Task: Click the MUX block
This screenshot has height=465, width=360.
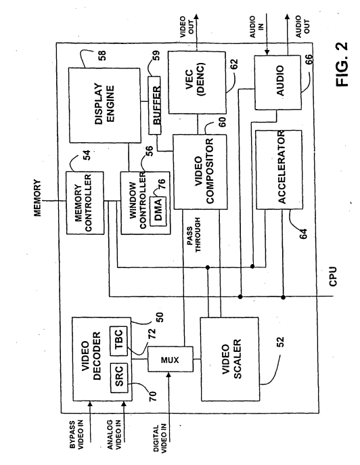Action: click(171, 359)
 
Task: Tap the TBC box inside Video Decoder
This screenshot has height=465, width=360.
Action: click(118, 340)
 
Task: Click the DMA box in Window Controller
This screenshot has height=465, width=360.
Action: click(158, 211)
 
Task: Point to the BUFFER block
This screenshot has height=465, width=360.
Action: click(154, 106)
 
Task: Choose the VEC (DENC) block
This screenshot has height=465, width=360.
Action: click(197, 83)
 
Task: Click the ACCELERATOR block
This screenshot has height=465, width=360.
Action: click(279, 169)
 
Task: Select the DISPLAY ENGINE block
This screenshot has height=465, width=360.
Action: click(105, 105)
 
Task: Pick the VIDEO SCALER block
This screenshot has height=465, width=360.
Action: click(230, 359)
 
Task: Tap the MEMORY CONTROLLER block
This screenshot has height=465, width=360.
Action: click(85, 203)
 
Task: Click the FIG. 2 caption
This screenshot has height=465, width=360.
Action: click(342, 64)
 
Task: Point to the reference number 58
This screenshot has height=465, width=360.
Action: click(102, 56)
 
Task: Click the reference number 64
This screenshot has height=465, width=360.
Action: click(303, 234)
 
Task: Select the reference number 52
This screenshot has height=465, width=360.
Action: click(281, 342)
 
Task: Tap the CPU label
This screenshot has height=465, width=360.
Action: click(333, 276)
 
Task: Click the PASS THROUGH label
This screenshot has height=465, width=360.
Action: click(194, 235)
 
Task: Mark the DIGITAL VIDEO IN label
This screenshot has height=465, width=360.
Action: click(160, 439)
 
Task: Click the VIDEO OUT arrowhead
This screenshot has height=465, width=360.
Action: click(196, 16)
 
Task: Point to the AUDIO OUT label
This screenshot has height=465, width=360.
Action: click(302, 26)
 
